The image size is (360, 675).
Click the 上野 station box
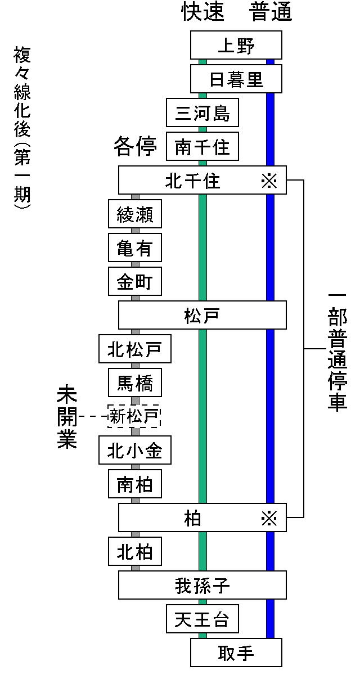point(236,46)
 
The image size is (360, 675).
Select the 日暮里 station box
point(236,79)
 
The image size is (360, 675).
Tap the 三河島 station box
point(202,113)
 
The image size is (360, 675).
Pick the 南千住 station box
point(202,147)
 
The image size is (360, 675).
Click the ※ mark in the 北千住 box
point(269,181)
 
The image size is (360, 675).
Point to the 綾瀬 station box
point(135,214)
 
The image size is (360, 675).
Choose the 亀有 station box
point(135,248)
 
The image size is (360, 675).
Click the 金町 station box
point(135,282)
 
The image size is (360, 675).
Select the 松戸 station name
point(202,316)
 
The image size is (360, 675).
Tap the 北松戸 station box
point(135,349)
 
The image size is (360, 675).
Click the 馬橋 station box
point(135,383)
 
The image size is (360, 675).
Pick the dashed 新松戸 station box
point(135,417)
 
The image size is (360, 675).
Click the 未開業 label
point(66,417)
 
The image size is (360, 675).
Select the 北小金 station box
point(135,451)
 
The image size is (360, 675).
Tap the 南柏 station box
point(135,484)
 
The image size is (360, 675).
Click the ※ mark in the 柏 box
point(269,518)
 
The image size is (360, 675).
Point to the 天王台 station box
point(202,619)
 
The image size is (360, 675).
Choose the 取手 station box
point(236,653)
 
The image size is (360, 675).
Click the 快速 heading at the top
point(202,13)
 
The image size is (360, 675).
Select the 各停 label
point(135,147)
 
